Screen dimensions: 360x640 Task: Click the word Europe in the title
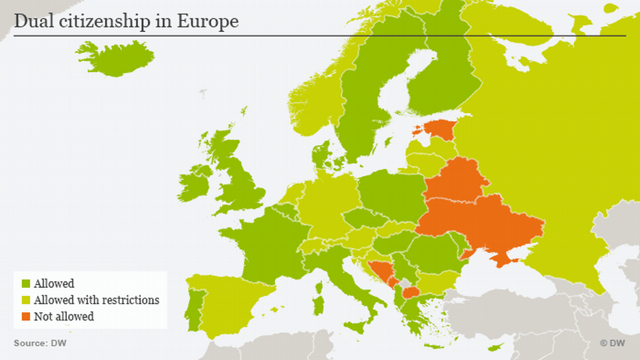[x=208, y=21]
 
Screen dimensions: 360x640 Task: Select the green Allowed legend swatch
[x=26, y=284]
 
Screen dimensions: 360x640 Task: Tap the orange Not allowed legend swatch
[x=26, y=317]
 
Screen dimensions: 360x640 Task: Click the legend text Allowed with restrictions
[x=96, y=300]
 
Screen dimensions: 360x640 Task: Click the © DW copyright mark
[x=612, y=344]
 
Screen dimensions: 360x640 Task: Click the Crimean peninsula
[x=508, y=258]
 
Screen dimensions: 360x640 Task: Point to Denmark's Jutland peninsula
[x=320, y=153]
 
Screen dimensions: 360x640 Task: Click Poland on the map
[x=391, y=194]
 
